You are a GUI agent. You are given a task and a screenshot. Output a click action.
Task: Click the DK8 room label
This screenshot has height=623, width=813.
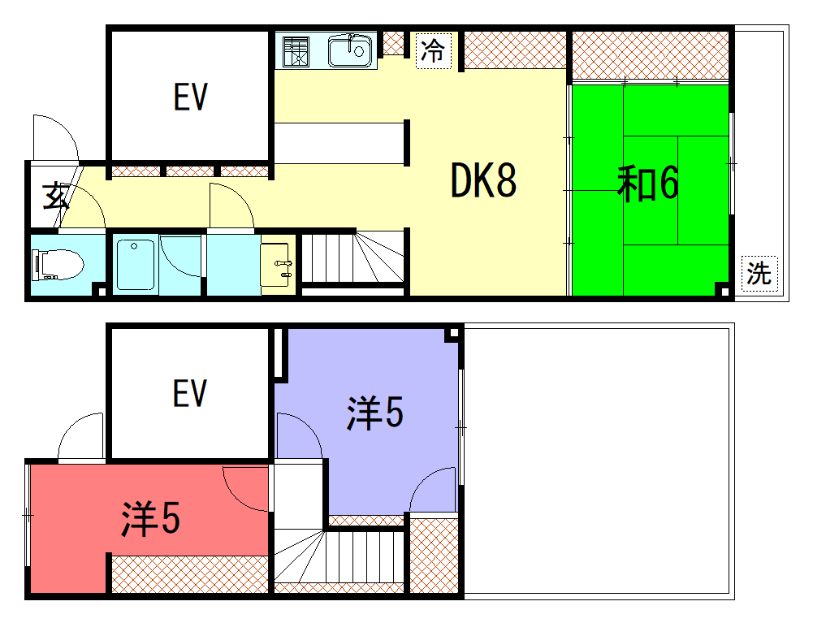pyautogui.click(x=483, y=180)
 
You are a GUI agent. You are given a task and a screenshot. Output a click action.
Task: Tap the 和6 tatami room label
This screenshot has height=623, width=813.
pyautogui.click(x=647, y=183)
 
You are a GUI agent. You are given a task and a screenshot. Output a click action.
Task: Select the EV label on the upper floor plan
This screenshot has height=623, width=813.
pyautogui.click(x=190, y=97)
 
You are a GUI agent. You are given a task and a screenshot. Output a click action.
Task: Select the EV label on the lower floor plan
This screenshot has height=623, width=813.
pyautogui.click(x=190, y=392)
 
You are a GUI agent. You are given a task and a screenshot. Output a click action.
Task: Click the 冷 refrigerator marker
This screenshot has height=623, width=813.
pyautogui.click(x=433, y=50)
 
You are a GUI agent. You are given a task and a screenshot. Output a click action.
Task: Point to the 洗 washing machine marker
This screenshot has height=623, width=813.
pyautogui.click(x=759, y=274)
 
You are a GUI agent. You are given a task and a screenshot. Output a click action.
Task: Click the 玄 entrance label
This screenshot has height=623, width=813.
pyautogui.click(x=55, y=196)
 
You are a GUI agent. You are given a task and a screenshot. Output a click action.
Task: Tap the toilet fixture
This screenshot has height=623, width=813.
pyautogui.click(x=57, y=265)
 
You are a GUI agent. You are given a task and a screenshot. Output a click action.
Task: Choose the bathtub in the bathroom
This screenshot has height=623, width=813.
pyautogui.click(x=136, y=265)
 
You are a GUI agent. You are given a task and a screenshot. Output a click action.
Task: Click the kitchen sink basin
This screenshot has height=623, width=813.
pyautogui.click(x=350, y=51)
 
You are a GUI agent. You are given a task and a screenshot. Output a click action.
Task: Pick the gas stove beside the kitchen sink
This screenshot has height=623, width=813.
pyautogui.click(x=296, y=51)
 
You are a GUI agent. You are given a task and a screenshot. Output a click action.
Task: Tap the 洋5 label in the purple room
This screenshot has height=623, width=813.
pyautogui.click(x=375, y=413)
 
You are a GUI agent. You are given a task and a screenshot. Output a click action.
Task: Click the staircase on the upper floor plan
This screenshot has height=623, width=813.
pyautogui.click(x=352, y=257)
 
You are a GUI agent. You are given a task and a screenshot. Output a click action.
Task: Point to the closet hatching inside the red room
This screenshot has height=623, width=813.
pyautogui.click(x=190, y=574)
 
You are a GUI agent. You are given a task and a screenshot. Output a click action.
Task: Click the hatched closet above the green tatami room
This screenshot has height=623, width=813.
pyautogui.click(x=651, y=55)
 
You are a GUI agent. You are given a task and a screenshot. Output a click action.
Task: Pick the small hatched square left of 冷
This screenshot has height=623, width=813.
pyautogui.click(x=394, y=43)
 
